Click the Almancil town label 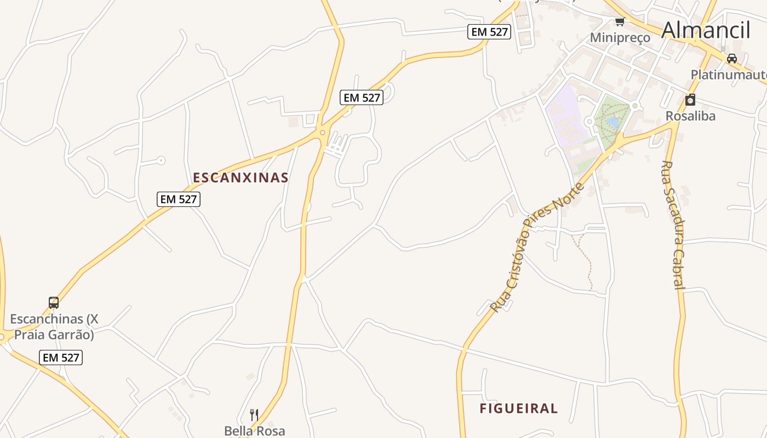[x=705, y=30]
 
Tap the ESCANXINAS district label [x=241, y=177]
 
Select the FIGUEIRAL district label [x=518, y=408]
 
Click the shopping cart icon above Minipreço [x=620, y=22]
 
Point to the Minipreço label [x=620, y=38]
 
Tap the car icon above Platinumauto [x=731, y=58]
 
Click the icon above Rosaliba [x=690, y=100]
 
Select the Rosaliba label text [x=690, y=116]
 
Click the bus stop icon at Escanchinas [x=54, y=303]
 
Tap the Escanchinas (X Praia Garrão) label [x=54, y=326]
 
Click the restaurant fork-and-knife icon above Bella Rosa [x=254, y=414]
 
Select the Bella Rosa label [x=255, y=431]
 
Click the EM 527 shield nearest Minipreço [x=490, y=32]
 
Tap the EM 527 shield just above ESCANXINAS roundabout [x=361, y=97]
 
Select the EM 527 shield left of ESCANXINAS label [x=179, y=199]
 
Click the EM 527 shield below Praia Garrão [x=61, y=358]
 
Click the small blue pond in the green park [x=613, y=123]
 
